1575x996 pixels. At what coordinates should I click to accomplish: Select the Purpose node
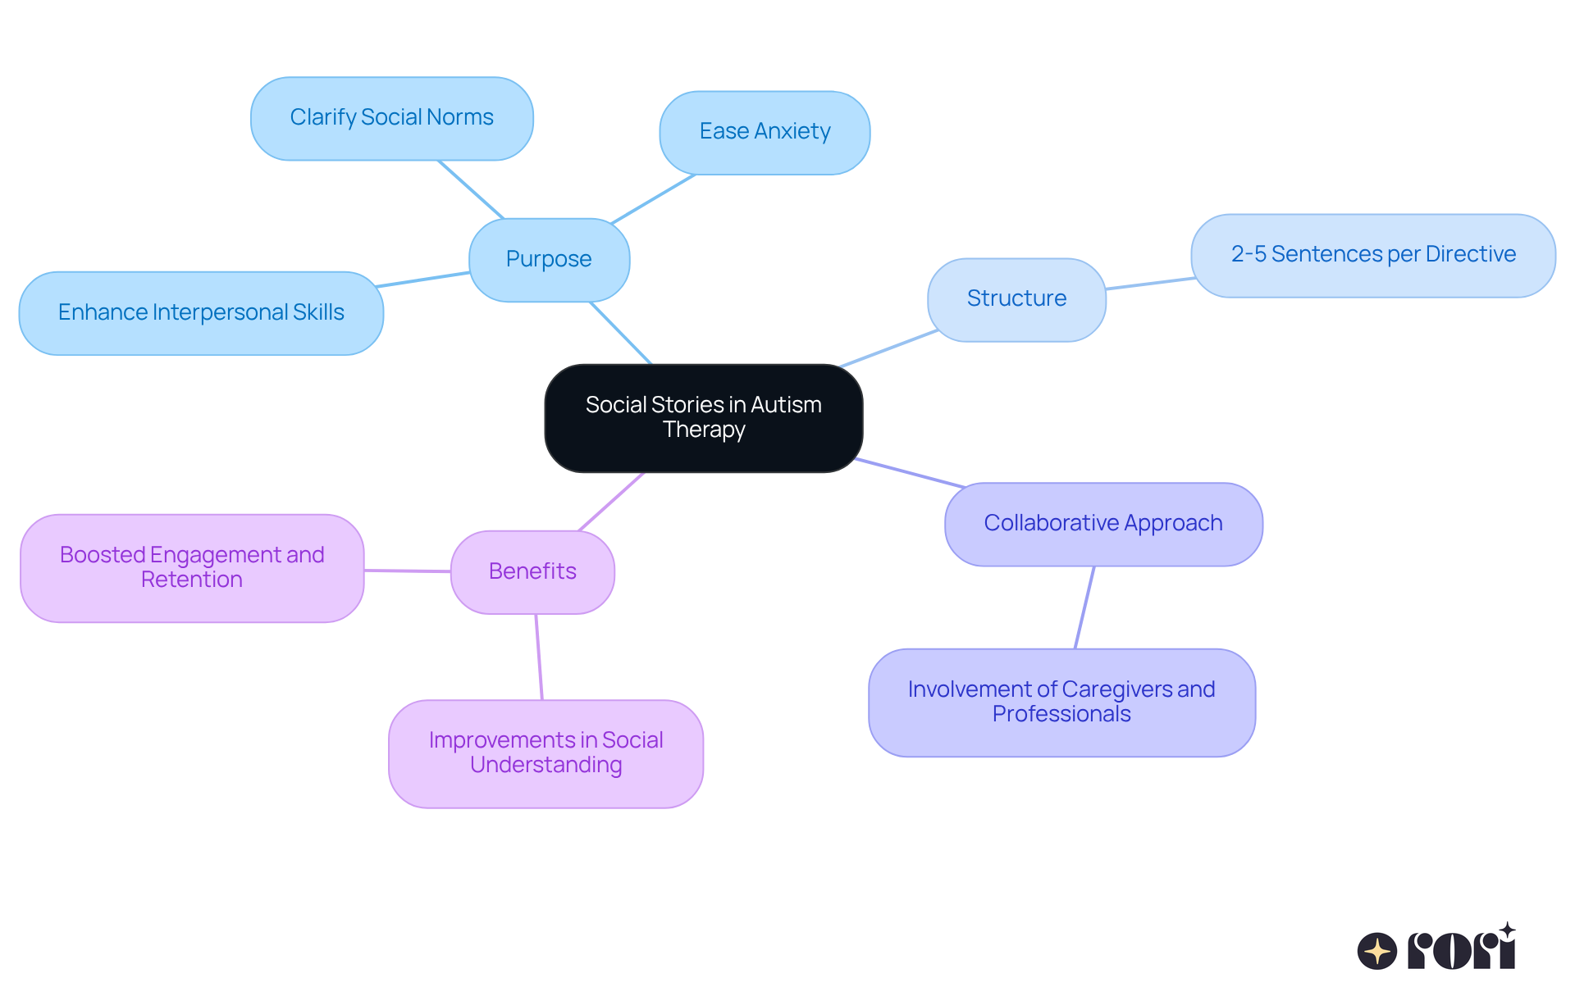coord(549,259)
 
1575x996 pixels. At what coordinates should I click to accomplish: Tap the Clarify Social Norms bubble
coord(391,118)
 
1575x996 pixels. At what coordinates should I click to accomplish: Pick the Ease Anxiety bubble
coord(765,132)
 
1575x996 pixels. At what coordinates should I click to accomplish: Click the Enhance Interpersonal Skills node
coord(201,312)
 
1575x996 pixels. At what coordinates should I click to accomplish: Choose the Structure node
coord(1016,298)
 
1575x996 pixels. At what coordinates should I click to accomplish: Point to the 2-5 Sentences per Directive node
coord(1372,255)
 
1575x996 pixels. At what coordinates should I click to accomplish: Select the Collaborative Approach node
coord(1102,523)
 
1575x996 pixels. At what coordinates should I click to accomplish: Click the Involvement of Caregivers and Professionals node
coord(1061,702)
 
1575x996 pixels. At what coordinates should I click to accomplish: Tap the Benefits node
coord(532,571)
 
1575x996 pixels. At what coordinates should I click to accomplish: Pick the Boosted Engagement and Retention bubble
coord(192,567)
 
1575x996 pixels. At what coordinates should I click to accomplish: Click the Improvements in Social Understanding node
coord(546,753)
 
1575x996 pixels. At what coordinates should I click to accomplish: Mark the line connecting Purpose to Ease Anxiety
coord(654,198)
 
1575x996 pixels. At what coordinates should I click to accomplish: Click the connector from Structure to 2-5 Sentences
coord(1149,284)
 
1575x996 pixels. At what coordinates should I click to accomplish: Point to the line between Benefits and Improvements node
coord(539,657)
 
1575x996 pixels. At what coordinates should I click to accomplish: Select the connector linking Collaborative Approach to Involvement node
coord(1084,607)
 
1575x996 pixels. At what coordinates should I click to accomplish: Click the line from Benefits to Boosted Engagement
coord(408,571)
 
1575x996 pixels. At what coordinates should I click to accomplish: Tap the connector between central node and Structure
coord(888,348)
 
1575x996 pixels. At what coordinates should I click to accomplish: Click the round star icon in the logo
coord(1376,951)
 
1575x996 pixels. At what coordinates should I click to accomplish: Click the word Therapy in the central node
coord(704,430)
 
